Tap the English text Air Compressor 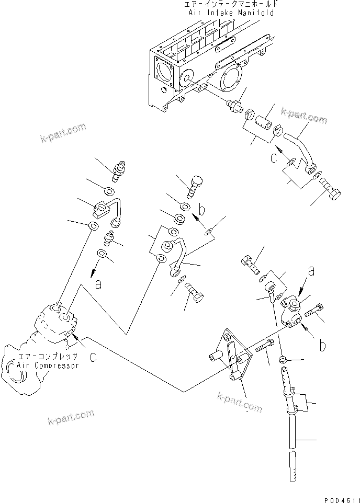click(48, 365)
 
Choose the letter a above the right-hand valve click(311, 271)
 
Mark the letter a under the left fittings click(97, 285)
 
